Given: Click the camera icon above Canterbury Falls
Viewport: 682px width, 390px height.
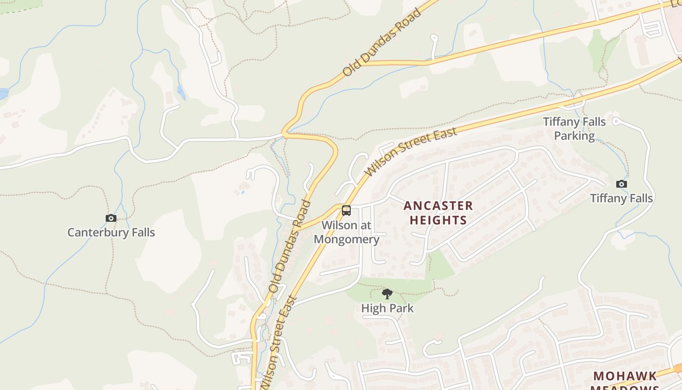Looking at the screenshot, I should tap(111, 218).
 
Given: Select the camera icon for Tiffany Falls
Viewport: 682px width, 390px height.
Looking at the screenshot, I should tap(621, 184).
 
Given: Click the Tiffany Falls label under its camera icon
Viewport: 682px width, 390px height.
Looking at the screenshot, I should tap(621, 198).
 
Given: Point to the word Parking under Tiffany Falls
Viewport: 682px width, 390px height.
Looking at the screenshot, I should tap(574, 136).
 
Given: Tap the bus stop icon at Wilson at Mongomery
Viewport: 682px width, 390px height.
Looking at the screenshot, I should tap(346, 211).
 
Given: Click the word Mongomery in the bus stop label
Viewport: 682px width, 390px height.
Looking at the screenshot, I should tap(346, 239).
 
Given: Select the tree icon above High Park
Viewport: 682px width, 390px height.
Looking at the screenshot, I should tap(387, 294).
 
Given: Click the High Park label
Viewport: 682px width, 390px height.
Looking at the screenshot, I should tap(387, 308).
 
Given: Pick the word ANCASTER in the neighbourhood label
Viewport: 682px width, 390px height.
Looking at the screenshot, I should tap(438, 206).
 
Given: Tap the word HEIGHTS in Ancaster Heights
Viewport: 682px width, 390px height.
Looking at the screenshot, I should tap(438, 220).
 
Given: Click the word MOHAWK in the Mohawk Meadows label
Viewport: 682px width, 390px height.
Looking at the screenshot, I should tap(625, 376).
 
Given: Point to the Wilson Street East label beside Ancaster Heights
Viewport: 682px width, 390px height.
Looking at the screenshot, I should tap(411, 152).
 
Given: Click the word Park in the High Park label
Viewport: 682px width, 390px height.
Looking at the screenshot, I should tap(400, 308).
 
